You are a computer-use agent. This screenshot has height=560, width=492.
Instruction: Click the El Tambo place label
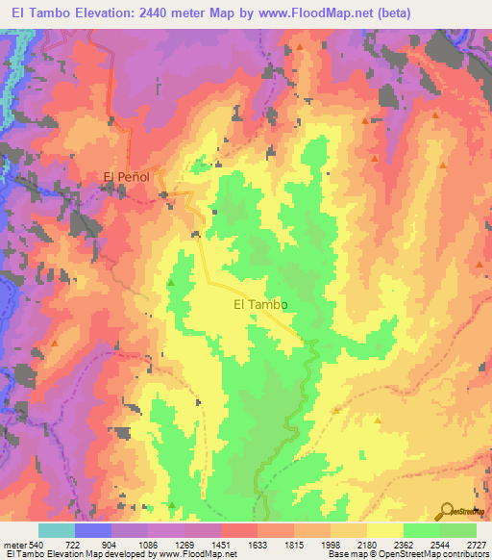[x=261, y=304]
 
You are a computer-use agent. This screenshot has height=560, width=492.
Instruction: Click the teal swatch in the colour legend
[x=56, y=530]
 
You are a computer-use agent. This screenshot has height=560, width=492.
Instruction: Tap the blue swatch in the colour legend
[x=92, y=530]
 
